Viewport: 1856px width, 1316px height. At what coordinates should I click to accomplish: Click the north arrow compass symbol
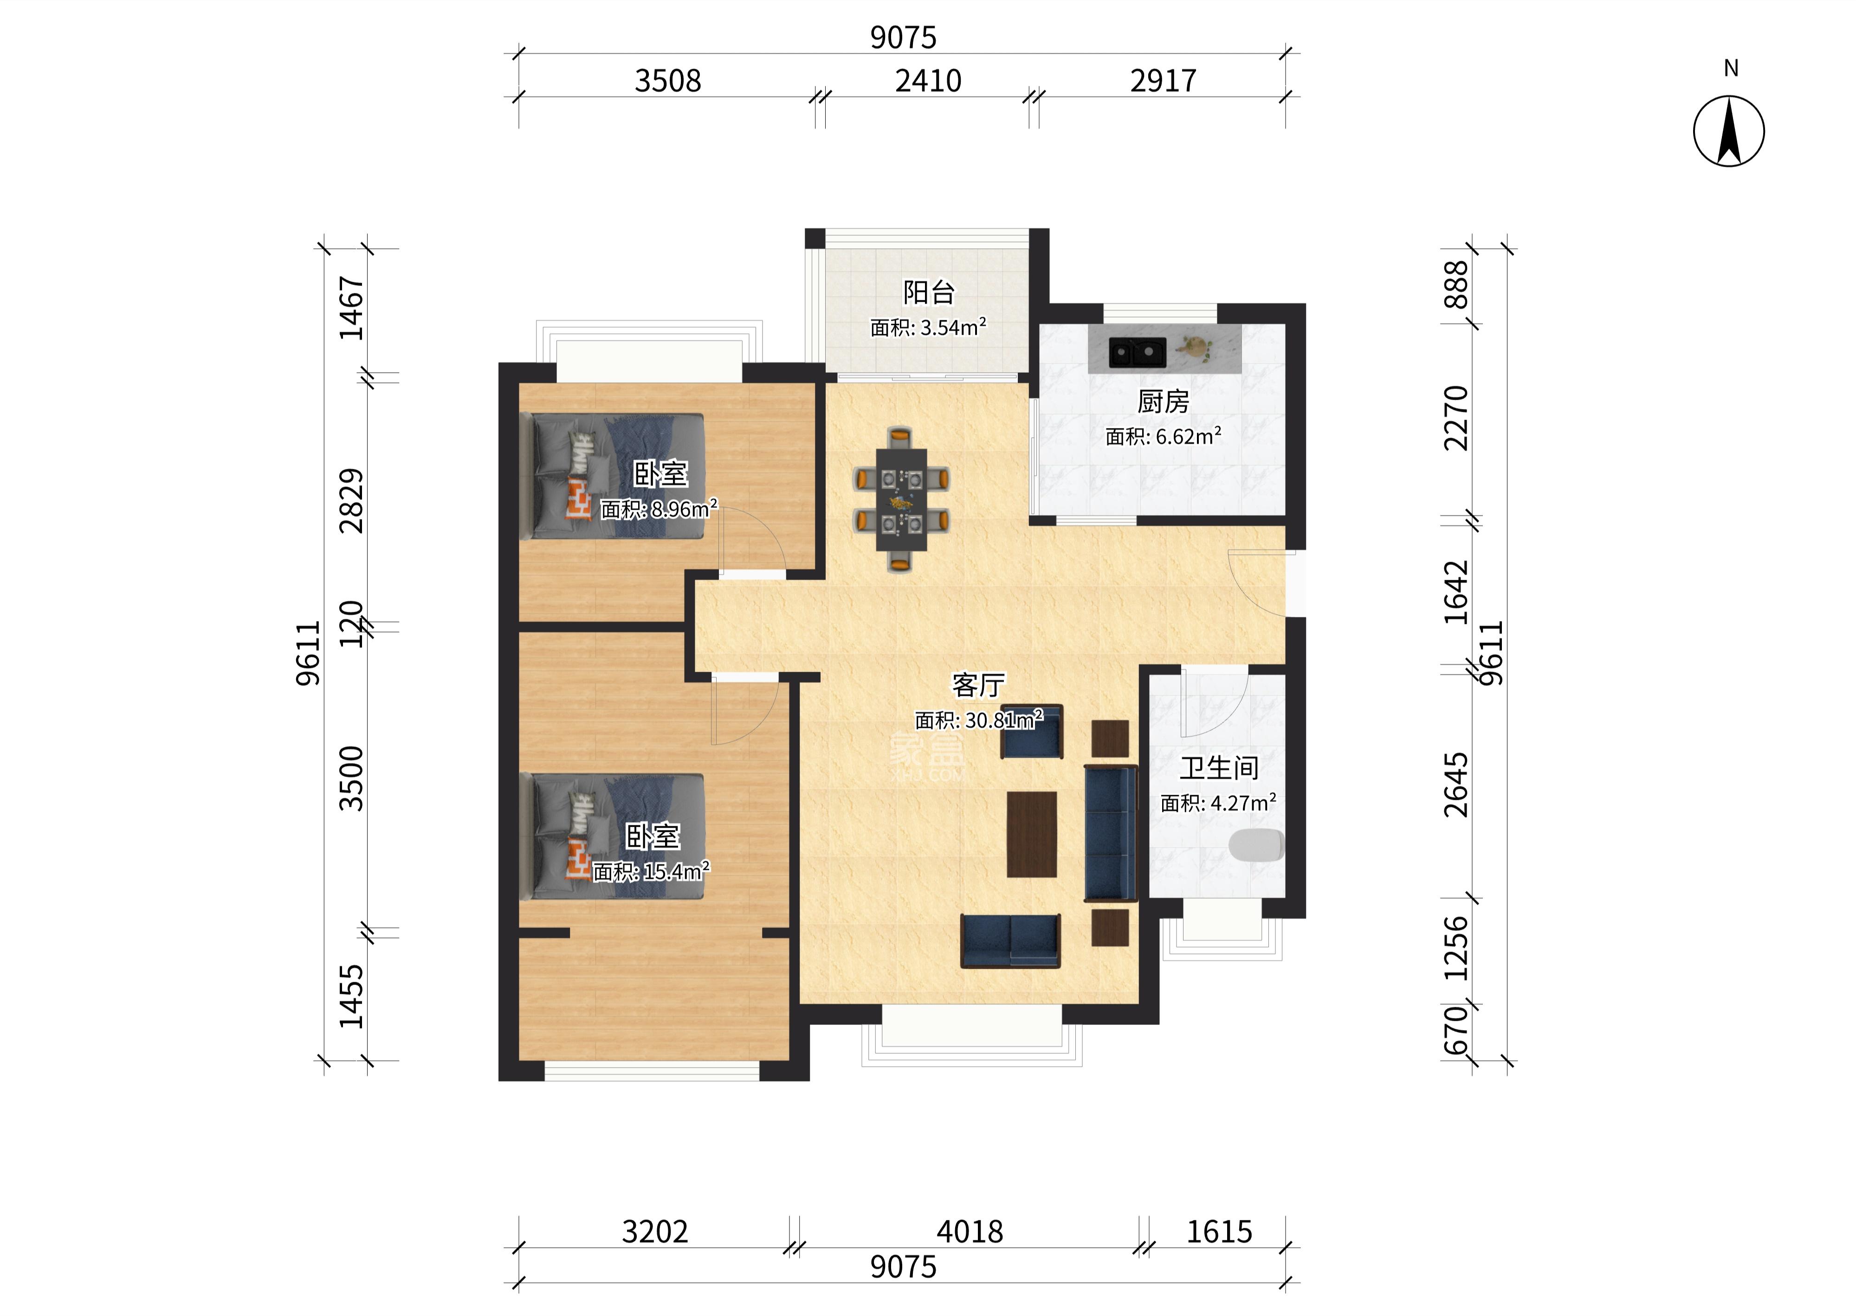click(1729, 131)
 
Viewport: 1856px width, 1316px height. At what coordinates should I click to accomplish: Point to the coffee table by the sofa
click(1031, 834)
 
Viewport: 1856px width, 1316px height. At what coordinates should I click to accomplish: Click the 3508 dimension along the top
click(667, 81)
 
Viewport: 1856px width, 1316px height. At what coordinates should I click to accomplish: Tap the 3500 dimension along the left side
click(352, 779)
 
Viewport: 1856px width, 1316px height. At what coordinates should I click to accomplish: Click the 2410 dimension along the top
click(928, 81)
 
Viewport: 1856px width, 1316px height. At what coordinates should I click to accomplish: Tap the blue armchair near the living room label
click(1031, 732)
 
